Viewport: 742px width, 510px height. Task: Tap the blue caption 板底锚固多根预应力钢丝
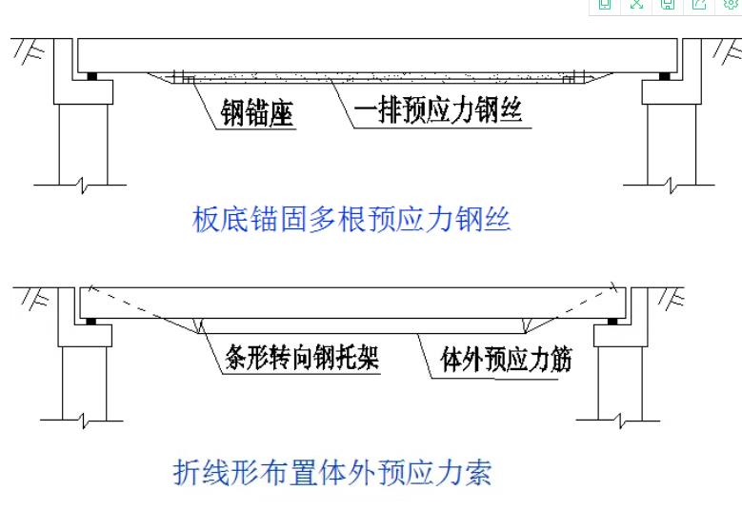click(x=351, y=221)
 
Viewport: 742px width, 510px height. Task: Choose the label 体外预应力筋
click(x=505, y=360)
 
